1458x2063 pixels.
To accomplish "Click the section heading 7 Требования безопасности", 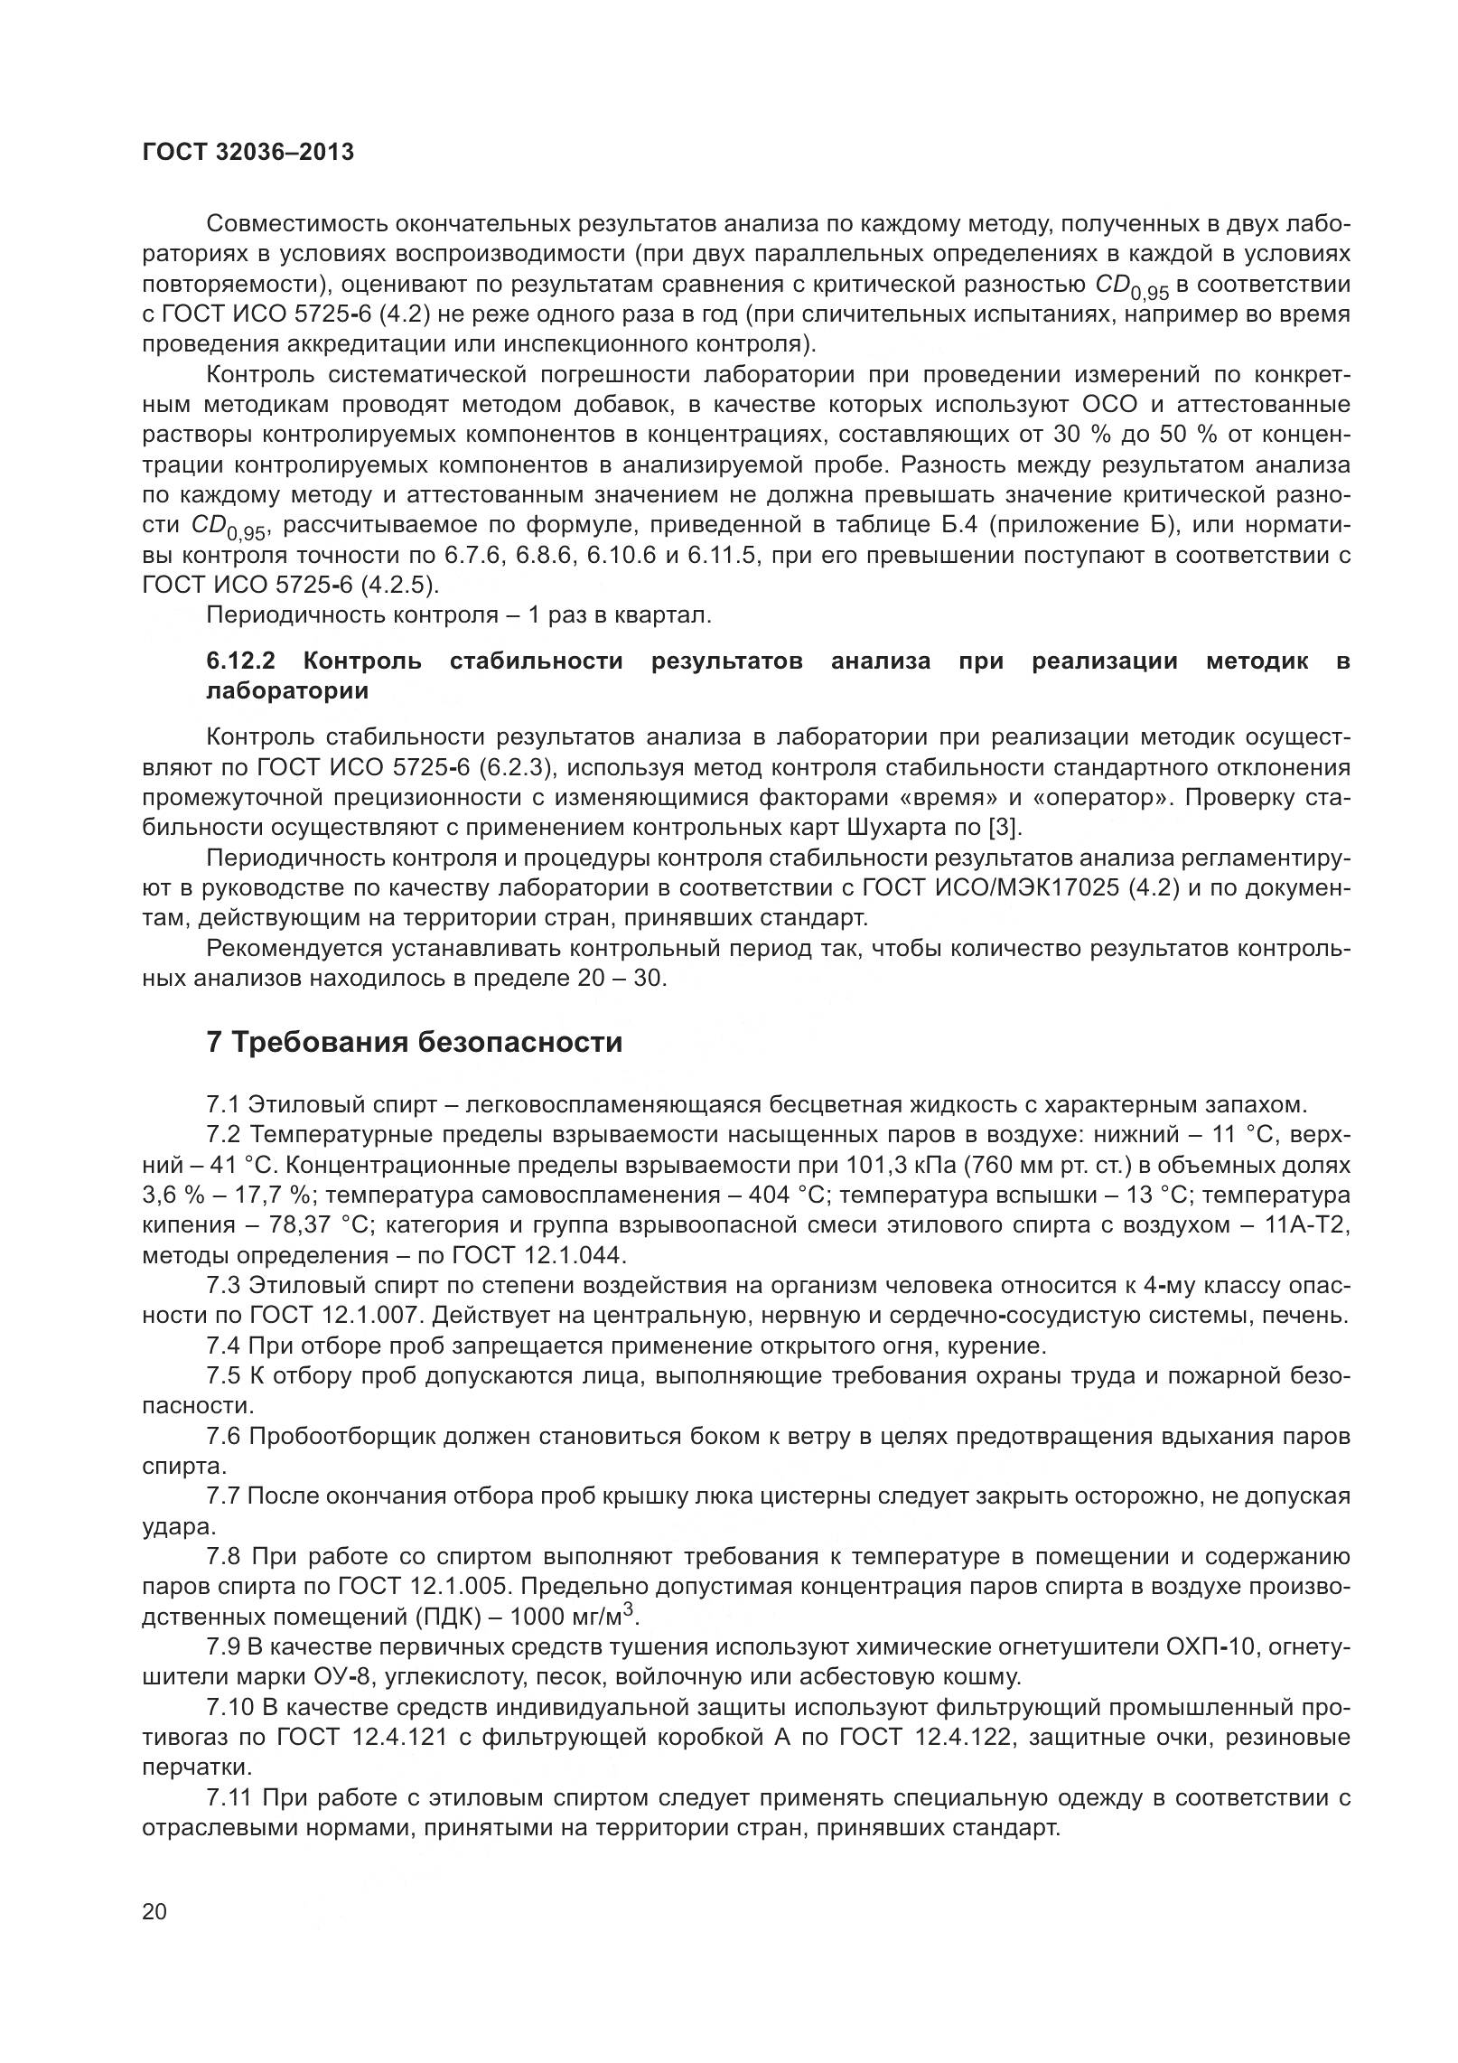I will pos(415,1042).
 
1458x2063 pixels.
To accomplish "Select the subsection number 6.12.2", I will pos(240,661).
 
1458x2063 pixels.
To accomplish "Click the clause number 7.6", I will pos(224,1437).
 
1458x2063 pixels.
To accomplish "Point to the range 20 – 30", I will pos(620,979).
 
